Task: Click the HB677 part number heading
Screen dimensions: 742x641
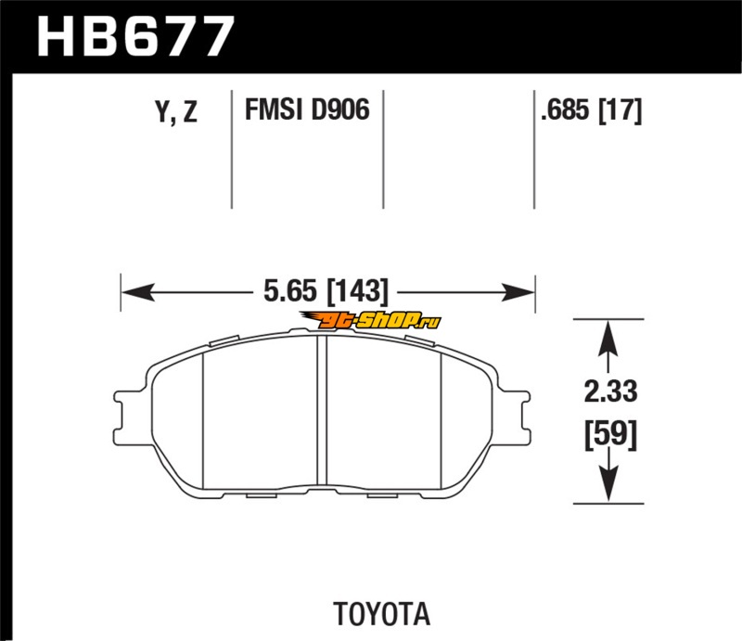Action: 134,36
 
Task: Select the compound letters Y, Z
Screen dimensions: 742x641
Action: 176,112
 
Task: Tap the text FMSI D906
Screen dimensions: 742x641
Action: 307,109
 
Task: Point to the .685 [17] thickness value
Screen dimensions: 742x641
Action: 591,110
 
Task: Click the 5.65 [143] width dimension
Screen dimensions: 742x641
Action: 326,290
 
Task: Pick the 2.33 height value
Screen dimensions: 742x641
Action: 610,391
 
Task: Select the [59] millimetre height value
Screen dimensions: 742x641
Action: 611,434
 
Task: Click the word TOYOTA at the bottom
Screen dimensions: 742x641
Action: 382,614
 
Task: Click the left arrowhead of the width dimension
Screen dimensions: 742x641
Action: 137,292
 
